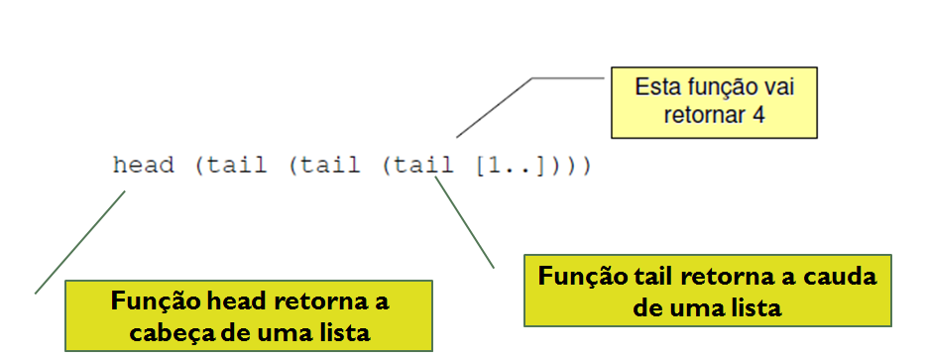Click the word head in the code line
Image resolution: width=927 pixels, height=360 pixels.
pos(144,165)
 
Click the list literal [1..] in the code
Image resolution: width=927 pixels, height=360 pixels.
pos(509,165)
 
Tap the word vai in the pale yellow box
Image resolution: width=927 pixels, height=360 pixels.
pos(778,87)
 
